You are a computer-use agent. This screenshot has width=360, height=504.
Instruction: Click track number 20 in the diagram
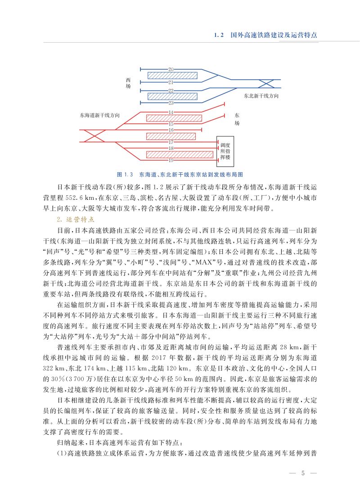171,69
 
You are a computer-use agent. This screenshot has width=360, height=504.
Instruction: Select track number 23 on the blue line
171,103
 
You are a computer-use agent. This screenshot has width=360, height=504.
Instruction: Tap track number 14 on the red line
171,112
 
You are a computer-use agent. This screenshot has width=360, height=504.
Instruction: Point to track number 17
171,142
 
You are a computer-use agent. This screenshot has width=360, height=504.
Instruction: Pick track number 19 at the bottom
171,161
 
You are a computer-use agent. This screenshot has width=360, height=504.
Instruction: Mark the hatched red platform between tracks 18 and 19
180,154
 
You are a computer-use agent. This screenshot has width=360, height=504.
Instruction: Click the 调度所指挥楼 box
225,152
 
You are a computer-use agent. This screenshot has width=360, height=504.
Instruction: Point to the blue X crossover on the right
267,83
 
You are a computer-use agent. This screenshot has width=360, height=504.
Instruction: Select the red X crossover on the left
95,135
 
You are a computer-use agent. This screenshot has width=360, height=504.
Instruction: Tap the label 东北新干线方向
261,96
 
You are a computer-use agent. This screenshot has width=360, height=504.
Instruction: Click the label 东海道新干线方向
99,115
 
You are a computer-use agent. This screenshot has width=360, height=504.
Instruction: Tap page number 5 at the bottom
303,473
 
